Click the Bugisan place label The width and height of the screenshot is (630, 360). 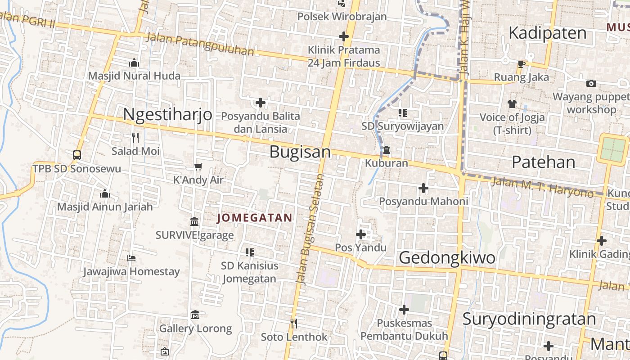[x=300, y=152]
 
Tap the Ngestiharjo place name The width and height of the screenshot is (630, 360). [x=167, y=114]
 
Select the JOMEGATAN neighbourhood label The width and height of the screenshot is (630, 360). [x=255, y=218]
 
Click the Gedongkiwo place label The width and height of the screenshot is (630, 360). [x=447, y=258]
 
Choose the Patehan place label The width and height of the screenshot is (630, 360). [x=544, y=162]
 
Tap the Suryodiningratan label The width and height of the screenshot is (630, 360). [x=529, y=319]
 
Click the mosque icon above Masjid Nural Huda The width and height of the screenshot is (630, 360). [x=134, y=63]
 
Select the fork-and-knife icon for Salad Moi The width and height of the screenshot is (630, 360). [x=135, y=137]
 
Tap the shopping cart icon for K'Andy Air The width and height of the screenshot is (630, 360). [x=198, y=167]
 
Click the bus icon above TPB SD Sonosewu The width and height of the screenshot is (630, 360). [x=77, y=155]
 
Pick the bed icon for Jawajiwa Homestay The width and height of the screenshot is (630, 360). [x=131, y=258]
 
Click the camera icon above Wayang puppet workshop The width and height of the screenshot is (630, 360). [x=591, y=83]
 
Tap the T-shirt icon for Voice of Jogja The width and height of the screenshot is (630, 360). [x=512, y=104]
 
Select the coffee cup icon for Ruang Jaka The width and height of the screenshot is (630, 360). [x=521, y=64]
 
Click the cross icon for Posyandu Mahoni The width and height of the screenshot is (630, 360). [x=423, y=188]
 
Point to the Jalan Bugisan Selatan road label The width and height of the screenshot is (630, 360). [x=310, y=229]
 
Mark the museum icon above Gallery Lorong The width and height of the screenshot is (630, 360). [x=195, y=315]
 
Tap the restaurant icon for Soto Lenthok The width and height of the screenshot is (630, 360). [x=293, y=323]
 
